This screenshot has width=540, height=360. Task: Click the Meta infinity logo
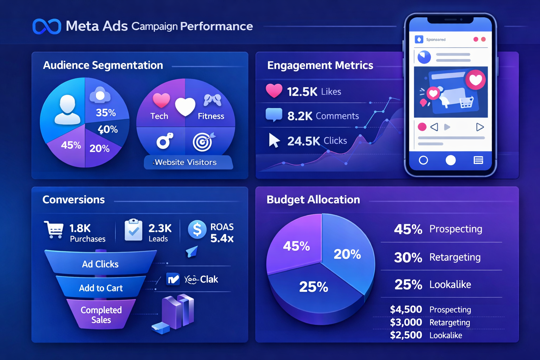(47, 26)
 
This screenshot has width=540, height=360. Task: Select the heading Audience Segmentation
(103, 65)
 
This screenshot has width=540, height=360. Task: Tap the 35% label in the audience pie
(106, 112)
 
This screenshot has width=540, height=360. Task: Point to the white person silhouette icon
(67, 110)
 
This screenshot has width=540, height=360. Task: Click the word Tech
(159, 116)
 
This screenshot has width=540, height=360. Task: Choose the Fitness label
(211, 116)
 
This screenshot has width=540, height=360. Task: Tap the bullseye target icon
(203, 142)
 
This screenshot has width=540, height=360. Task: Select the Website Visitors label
(186, 162)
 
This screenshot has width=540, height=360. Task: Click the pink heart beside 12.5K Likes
(274, 91)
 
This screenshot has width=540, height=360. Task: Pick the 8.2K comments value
(300, 116)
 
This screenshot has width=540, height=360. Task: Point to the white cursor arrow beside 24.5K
(274, 140)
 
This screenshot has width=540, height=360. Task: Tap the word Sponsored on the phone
(436, 40)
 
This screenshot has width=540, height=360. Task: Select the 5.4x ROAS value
(222, 238)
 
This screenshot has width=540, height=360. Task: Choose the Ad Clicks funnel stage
(100, 264)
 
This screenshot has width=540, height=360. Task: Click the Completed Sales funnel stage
(101, 315)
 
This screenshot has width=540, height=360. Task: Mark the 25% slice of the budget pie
(314, 287)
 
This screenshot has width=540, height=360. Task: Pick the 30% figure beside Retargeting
(408, 258)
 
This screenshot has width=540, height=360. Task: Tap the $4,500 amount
(406, 309)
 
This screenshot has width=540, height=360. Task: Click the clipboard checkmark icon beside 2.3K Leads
(134, 230)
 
